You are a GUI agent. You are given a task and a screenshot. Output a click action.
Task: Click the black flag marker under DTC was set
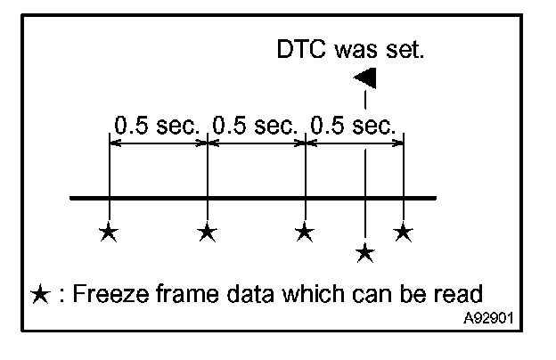(365, 78)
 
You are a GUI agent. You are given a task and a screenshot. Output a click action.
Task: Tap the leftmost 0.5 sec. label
(157, 126)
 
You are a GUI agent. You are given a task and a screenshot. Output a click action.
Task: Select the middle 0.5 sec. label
(256, 126)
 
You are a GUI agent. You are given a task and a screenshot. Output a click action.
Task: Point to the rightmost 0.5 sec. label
(353, 126)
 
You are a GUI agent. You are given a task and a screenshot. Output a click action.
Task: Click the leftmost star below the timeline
(108, 233)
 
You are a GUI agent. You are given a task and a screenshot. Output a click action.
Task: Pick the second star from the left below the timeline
(207, 233)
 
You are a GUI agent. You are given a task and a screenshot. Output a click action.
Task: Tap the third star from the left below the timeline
(305, 233)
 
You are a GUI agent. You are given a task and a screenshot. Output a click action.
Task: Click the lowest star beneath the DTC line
(364, 253)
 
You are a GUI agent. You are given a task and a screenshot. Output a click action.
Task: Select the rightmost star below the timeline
(404, 233)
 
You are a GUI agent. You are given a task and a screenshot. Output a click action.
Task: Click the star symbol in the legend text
(39, 294)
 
